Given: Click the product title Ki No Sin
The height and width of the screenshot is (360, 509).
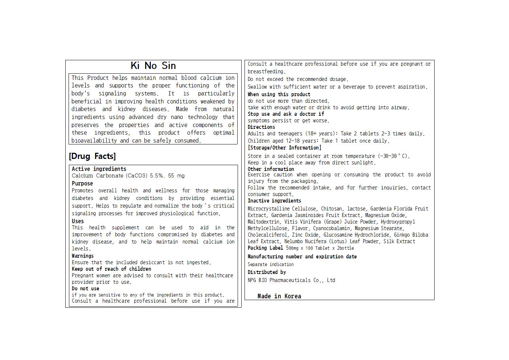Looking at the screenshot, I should click(x=153, y=66).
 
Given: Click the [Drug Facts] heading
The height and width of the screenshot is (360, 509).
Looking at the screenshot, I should click(x=92, y=156).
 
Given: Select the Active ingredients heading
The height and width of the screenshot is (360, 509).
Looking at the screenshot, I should click(x=99, y=169).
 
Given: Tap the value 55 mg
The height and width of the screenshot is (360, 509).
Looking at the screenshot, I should click(x=176, y=176).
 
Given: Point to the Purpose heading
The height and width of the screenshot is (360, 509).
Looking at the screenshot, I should click(x=82, y=183).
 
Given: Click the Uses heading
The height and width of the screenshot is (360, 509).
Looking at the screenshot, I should click(x=78, y=221).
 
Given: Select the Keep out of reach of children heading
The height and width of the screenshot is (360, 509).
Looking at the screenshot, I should click(x=111, y=269).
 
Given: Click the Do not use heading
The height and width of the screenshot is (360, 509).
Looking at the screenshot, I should click(x=85, y=289).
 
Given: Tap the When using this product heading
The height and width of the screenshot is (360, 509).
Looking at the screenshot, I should click(x=279, y=94).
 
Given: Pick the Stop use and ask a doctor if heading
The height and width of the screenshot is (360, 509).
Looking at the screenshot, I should click(x=286, y=114).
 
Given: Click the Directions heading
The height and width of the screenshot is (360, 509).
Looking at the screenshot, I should click(x=261, y=127).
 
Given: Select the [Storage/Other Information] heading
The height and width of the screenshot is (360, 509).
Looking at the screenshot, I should click(x=284, y=148).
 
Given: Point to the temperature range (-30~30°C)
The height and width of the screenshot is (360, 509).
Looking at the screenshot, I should click(x=393, y=156).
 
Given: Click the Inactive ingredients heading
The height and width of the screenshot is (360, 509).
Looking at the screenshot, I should click(x=274, y=201).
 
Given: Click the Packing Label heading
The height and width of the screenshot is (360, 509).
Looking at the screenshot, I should click(x=265, y=248).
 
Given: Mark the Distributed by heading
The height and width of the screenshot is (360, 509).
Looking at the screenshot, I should click(x=267, y=272).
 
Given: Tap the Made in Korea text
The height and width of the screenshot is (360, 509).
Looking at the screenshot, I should click(x=279, y=296).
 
